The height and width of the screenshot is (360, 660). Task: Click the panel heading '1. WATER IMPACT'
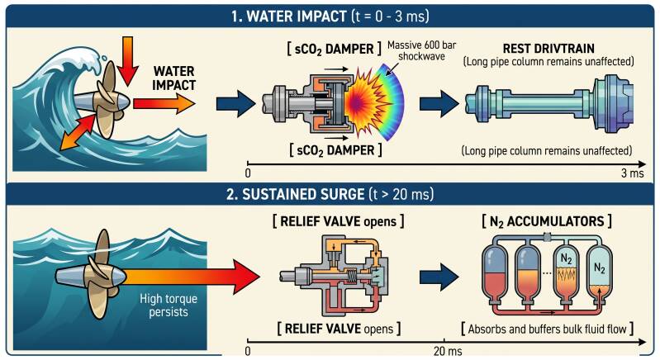point(288,17)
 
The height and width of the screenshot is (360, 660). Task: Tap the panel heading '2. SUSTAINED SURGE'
point(295,194)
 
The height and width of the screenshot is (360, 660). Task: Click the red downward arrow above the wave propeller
point(126,60)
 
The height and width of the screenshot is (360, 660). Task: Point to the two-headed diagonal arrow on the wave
point(78,130)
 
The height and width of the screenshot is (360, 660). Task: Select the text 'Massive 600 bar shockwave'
point(421,50)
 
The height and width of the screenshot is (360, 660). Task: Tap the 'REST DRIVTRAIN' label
point(548,49)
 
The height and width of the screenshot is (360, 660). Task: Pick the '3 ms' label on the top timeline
point(632,173)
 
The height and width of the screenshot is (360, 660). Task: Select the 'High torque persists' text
point(169,306)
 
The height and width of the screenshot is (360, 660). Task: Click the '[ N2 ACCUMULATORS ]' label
point(547,221)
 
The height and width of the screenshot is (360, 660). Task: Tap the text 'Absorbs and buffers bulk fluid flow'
point(547,329)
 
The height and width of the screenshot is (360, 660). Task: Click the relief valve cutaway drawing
point(334,275)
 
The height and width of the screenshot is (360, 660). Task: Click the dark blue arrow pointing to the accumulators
point(439,277)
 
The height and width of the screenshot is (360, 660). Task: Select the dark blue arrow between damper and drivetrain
point(439,103)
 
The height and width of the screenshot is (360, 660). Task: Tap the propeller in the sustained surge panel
point(96,275)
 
